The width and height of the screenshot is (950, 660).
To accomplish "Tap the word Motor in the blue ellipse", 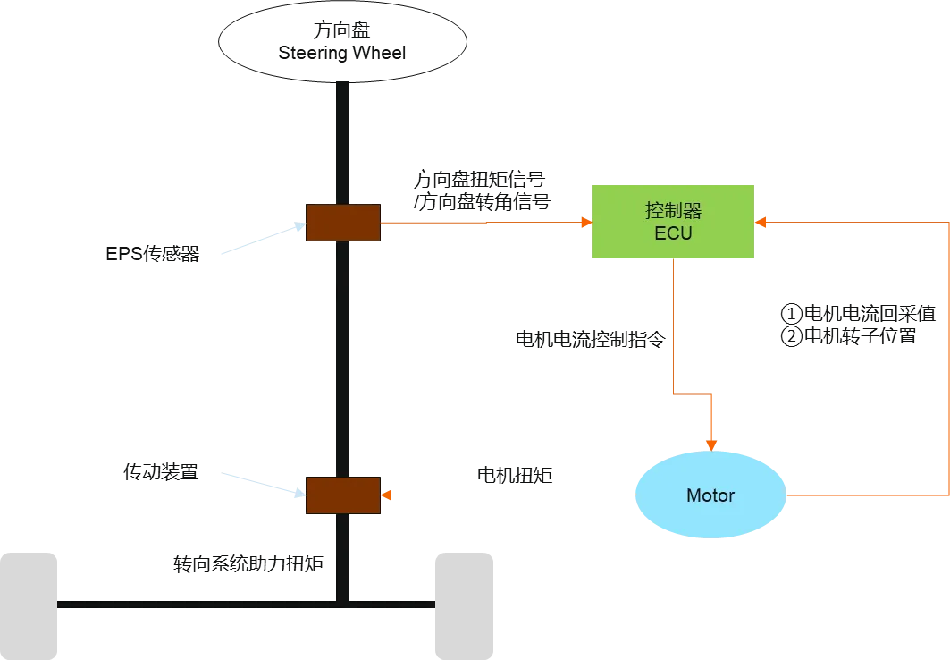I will pos(710,495).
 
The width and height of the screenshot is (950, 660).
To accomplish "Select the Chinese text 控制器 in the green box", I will pos(673,211).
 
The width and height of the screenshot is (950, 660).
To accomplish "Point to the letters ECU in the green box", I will pos(673,233).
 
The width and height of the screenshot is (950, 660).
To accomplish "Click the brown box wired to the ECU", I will pos(343,222).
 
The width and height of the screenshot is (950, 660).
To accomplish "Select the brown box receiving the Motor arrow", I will pos(343,495).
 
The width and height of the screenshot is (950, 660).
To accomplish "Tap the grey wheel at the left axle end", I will pos(28,605).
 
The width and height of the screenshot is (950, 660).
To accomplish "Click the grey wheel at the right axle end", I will pos(461,605).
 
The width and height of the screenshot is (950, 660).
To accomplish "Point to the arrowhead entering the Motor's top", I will pos(711,443).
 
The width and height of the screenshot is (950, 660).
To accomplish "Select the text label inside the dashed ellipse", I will pos(343,44).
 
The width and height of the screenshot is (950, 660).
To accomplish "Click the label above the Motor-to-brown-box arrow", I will pos(516,475).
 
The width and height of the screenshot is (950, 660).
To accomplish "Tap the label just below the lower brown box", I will pos(251,563).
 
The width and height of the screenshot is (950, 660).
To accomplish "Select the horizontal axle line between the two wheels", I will pos(241,605).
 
